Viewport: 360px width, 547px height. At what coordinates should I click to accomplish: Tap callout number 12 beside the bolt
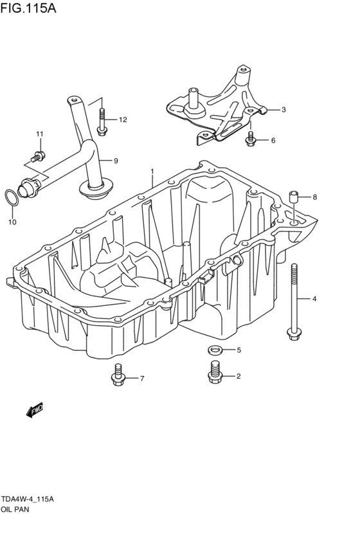coord(122,120)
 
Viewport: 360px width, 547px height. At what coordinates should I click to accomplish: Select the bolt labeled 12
coord(103,120)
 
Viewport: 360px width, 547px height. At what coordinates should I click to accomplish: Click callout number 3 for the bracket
coord(283,110)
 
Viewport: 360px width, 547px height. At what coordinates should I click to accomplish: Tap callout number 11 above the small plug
coord(39,134)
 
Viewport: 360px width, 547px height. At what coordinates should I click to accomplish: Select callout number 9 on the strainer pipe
coord(116,160)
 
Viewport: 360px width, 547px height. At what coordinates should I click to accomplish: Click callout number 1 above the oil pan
coord(152,172)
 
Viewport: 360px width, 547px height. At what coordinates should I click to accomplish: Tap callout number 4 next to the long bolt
coord(315,299)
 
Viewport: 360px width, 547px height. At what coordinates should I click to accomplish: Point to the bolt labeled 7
coord(118,375)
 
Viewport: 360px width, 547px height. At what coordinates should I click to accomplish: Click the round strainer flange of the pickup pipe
coord(96,188)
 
